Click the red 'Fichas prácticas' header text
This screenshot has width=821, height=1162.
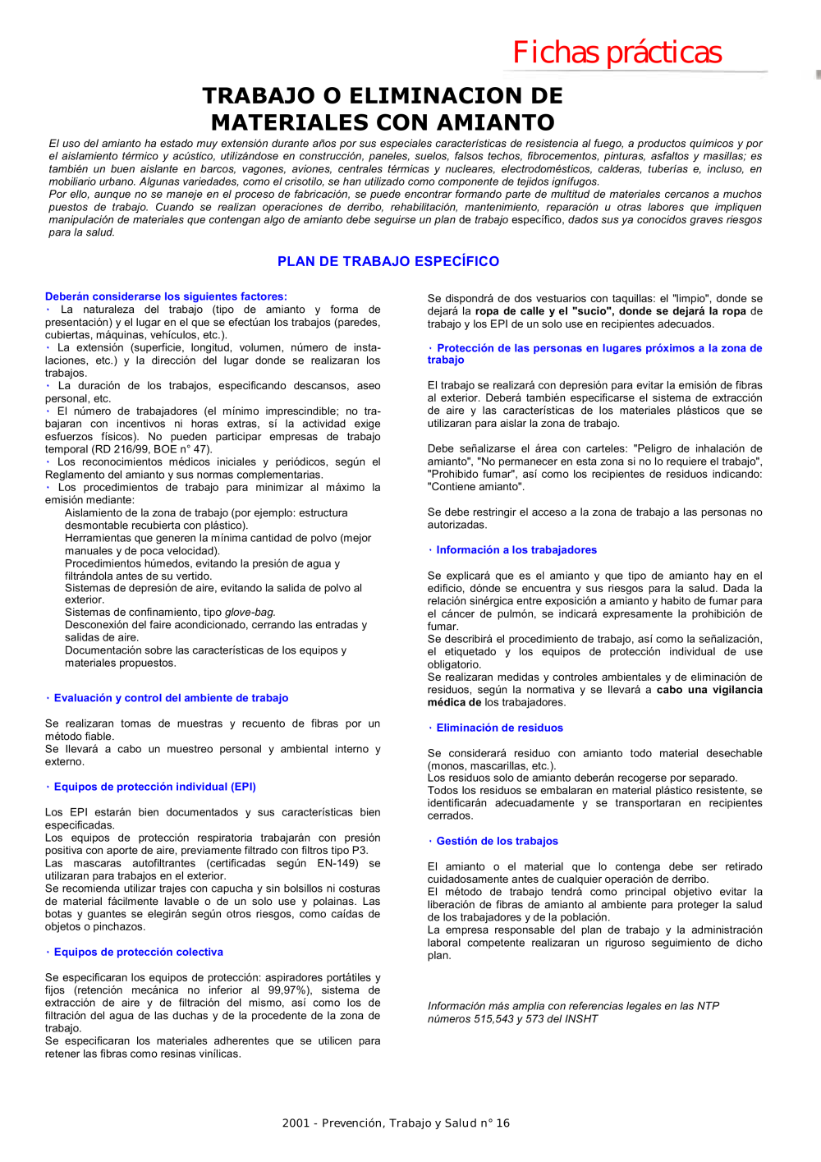pyautogui.click(x=617, y=53)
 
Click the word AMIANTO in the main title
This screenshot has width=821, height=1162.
pyautogui.click(x=496, y=122)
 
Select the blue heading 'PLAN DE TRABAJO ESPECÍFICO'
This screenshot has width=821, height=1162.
pyautogui.click(x=388, y=261)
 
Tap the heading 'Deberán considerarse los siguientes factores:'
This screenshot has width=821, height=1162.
pyautogui.click(x=166, y=296)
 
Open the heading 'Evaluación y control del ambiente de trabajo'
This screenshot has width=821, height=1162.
pyautogui.click(x=171, y=698)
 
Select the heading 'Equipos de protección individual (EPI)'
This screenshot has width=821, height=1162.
pyautogui.click(x=154, y=787)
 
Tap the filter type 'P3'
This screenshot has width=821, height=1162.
pyautogui.click(x=358, y=851)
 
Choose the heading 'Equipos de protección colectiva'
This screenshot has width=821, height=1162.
pyautogui.click(x=138, y=952)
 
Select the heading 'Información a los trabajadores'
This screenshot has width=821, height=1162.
pyautogui.click(x=516, y=550)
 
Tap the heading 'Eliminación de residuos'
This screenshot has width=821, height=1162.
pyautogui.click(x=499, y=728)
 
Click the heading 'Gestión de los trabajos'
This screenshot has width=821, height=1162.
pyautogui.click(x=497, y=841)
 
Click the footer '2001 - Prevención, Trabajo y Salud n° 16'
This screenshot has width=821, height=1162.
pyautogui.click(x=396, y=1123)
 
